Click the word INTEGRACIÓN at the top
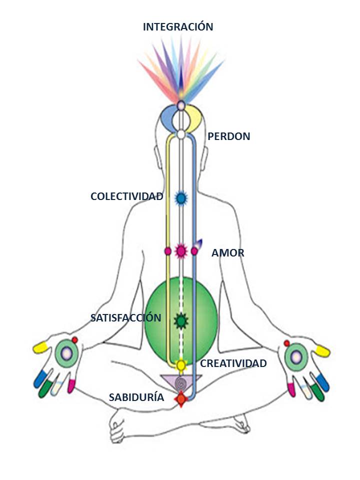coord(178,26)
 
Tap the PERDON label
coord(228,136)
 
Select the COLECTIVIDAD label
coord(126,196)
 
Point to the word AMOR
coord(227,253)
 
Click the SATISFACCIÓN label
coord(125,318)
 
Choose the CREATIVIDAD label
coord(233,363)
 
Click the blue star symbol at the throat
coord(181,198)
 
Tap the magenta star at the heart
coord(181,250)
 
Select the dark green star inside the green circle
coord(180,320)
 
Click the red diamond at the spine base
coord(180,398)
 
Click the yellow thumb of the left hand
coord(40,346)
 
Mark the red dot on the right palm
coord(286,343)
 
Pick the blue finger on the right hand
coord(323,382)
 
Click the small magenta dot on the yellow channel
coord(168,251)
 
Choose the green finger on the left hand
coord(46,388)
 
